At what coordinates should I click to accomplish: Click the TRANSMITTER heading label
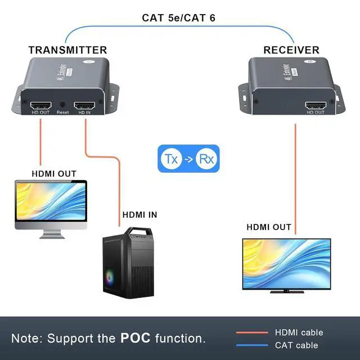(67, 50)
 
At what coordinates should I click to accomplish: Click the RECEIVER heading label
(291, 50)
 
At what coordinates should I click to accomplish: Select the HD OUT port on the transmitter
(40, 105)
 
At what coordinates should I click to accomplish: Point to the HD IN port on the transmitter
(84, 105)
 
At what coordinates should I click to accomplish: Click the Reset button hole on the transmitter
(62, 105)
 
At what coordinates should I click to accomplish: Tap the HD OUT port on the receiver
(315, 105)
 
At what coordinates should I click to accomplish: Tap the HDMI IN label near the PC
(139, 214)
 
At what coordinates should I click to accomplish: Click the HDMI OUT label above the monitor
(53, 173)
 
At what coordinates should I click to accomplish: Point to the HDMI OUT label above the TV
(269, 227)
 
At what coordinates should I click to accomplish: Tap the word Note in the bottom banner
(26, 339)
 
